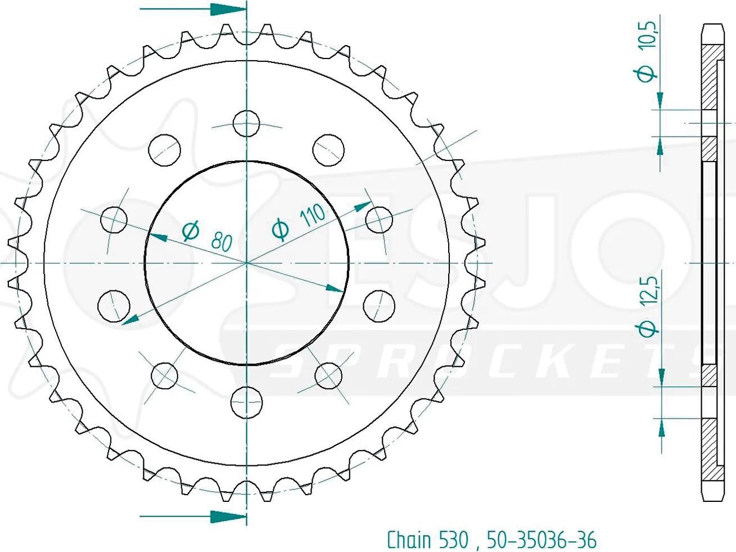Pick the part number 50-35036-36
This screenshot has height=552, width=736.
[542, 540]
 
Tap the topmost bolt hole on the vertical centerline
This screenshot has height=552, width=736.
[247, 123]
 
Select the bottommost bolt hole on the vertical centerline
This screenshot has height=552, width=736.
[247, 402]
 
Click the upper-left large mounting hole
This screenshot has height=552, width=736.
[164, 150]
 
